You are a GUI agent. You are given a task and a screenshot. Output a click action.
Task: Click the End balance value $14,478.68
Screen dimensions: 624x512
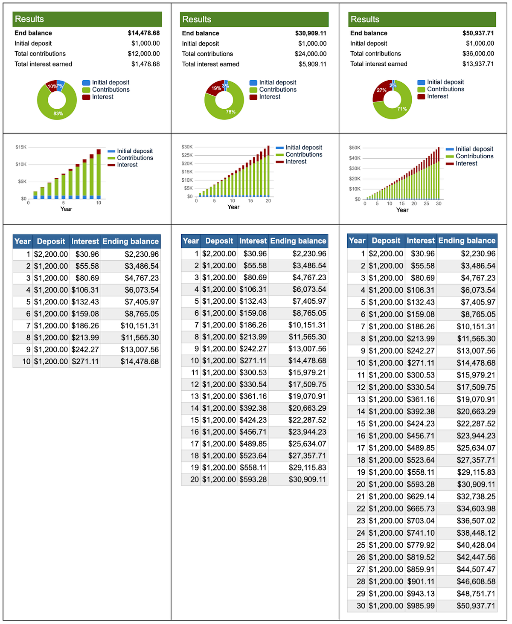coord(144,33)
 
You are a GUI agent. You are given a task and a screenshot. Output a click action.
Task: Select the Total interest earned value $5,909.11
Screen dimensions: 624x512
coord(312,64)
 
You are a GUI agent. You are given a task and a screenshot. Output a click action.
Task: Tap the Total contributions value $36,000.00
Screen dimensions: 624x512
coord(478,54)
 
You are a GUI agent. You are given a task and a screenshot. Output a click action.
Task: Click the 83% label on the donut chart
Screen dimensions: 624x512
coord(58,113)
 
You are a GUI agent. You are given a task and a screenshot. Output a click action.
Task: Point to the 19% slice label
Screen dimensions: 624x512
coord(216,88)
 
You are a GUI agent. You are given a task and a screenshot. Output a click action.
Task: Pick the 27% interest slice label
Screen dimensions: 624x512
coord(381,90)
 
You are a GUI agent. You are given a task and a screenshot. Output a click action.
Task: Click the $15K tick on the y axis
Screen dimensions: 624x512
coord(21,147)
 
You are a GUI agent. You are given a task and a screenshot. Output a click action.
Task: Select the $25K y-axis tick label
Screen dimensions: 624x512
coord(187,155)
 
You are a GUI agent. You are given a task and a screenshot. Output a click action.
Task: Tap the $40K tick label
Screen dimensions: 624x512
coord(355,158)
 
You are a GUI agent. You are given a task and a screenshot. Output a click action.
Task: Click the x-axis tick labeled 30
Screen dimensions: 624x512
coord(439,204)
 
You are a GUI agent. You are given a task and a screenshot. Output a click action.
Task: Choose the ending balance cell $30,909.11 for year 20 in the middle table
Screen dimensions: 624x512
coord(307,479)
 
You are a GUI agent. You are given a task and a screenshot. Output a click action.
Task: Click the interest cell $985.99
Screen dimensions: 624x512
coord(420,606)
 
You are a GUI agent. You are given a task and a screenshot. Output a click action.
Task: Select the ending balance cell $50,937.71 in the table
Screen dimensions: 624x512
coord(476,606)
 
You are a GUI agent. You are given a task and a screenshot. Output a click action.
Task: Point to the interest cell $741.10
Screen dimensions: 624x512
coord(420,533)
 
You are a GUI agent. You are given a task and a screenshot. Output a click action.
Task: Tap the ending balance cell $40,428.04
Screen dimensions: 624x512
coord(476,545)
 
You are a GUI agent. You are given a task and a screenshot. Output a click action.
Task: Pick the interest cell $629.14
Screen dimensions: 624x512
coord(420,496)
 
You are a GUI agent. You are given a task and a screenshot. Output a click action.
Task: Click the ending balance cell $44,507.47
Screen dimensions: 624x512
coord(476,569)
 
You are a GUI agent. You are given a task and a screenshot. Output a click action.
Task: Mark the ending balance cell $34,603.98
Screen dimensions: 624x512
coord(476,508)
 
